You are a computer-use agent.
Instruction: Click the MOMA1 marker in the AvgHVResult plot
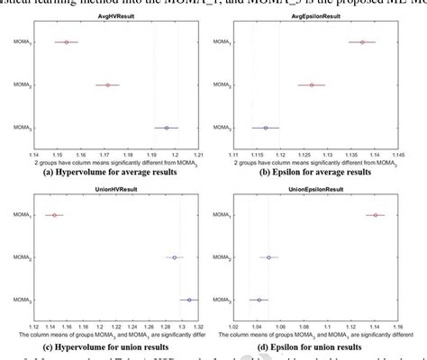click(x=66, y=42)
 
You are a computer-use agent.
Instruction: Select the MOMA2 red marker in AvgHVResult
click(x=107, y=85)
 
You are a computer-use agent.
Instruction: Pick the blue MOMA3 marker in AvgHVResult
click(x=167, y=128)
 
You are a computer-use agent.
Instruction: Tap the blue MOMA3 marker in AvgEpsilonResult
click(x=265, y=128)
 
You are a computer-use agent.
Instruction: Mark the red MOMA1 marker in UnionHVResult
click(x=54, y=215)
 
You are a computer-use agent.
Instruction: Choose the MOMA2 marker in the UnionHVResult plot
click(x=175, y=257)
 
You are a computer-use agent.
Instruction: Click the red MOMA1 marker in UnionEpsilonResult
click(x=376, y=215)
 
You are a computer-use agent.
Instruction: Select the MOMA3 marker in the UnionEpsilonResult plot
click(x=259, y=300)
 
